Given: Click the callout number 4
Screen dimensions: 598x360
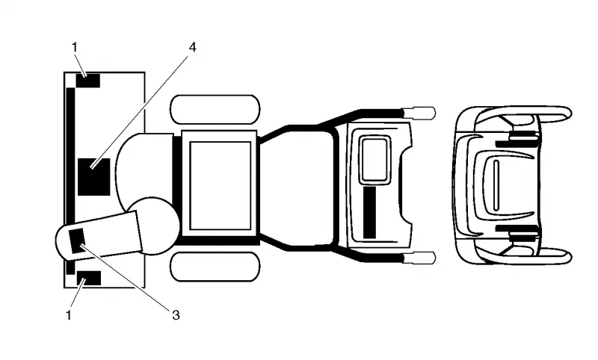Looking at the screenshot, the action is point(193,47).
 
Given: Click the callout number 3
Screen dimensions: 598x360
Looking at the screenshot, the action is point(176,315).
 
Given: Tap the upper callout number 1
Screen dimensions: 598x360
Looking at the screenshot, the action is point(74,47).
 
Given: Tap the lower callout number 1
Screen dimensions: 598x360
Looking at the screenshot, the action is point(69,315).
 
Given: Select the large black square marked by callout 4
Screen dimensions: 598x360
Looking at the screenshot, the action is point(94,177).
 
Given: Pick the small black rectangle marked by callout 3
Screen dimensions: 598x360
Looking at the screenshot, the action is point(77,240).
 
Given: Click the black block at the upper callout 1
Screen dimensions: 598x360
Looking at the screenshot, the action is point(88,81).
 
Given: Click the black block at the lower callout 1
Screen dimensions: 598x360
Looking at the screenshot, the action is point(89,278).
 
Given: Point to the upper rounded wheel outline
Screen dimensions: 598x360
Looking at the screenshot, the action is point(215,109).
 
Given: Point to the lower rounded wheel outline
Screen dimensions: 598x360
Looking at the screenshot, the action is point(215,267).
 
